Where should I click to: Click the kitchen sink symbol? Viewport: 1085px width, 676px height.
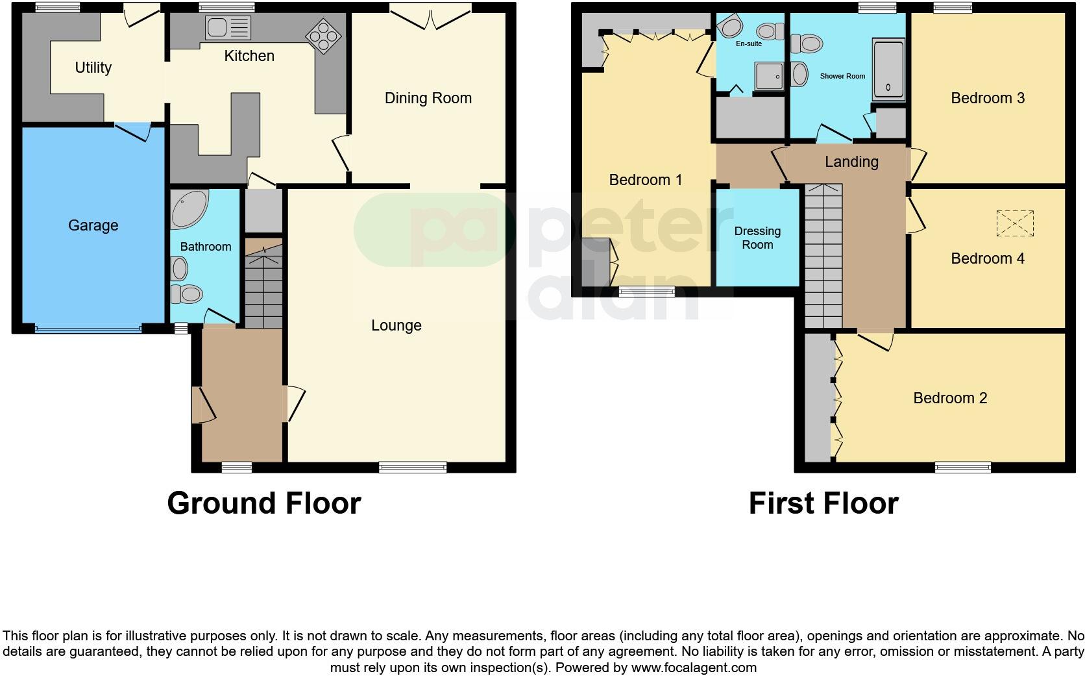pyautogui.click(x=228, y=28)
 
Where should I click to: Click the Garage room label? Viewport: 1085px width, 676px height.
pyautogui.click(x=93, y=225)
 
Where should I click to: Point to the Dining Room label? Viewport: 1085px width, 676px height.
pyautogui.click(x=428, y=98)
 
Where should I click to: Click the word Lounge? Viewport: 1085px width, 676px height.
pyautogui.click(x=396, y=325)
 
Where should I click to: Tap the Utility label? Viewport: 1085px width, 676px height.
pyautogui.click(x=93, y=68)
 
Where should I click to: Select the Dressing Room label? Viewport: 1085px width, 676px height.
pyautogui.click(x=757, y=238)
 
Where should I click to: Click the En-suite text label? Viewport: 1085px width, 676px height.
pyautogui.click(x=749, y=44)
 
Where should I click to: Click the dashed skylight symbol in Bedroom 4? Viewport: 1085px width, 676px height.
pyautogui.click(x=1014, y=223)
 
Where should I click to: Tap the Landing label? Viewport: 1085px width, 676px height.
pyautogui.click(x=851, y=162)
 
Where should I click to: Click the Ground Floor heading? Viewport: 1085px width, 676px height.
pyautogui.click(x=263, y=503)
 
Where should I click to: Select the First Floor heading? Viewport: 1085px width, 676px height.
pyautogui.click(x=823, y=503)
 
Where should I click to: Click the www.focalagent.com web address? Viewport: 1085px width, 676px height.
pyautogui.click(x=694, y=667)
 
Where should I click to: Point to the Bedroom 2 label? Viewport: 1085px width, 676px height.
pyautogui.click(x=949, y=398)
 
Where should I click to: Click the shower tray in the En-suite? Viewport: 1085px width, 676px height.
pyautogui.click(x=769, y=77)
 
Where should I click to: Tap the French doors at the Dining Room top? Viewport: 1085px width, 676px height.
pyautogui.click(x=431, y=16)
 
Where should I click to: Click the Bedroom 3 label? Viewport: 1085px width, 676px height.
pyautogui.click(x=987, y=98)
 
